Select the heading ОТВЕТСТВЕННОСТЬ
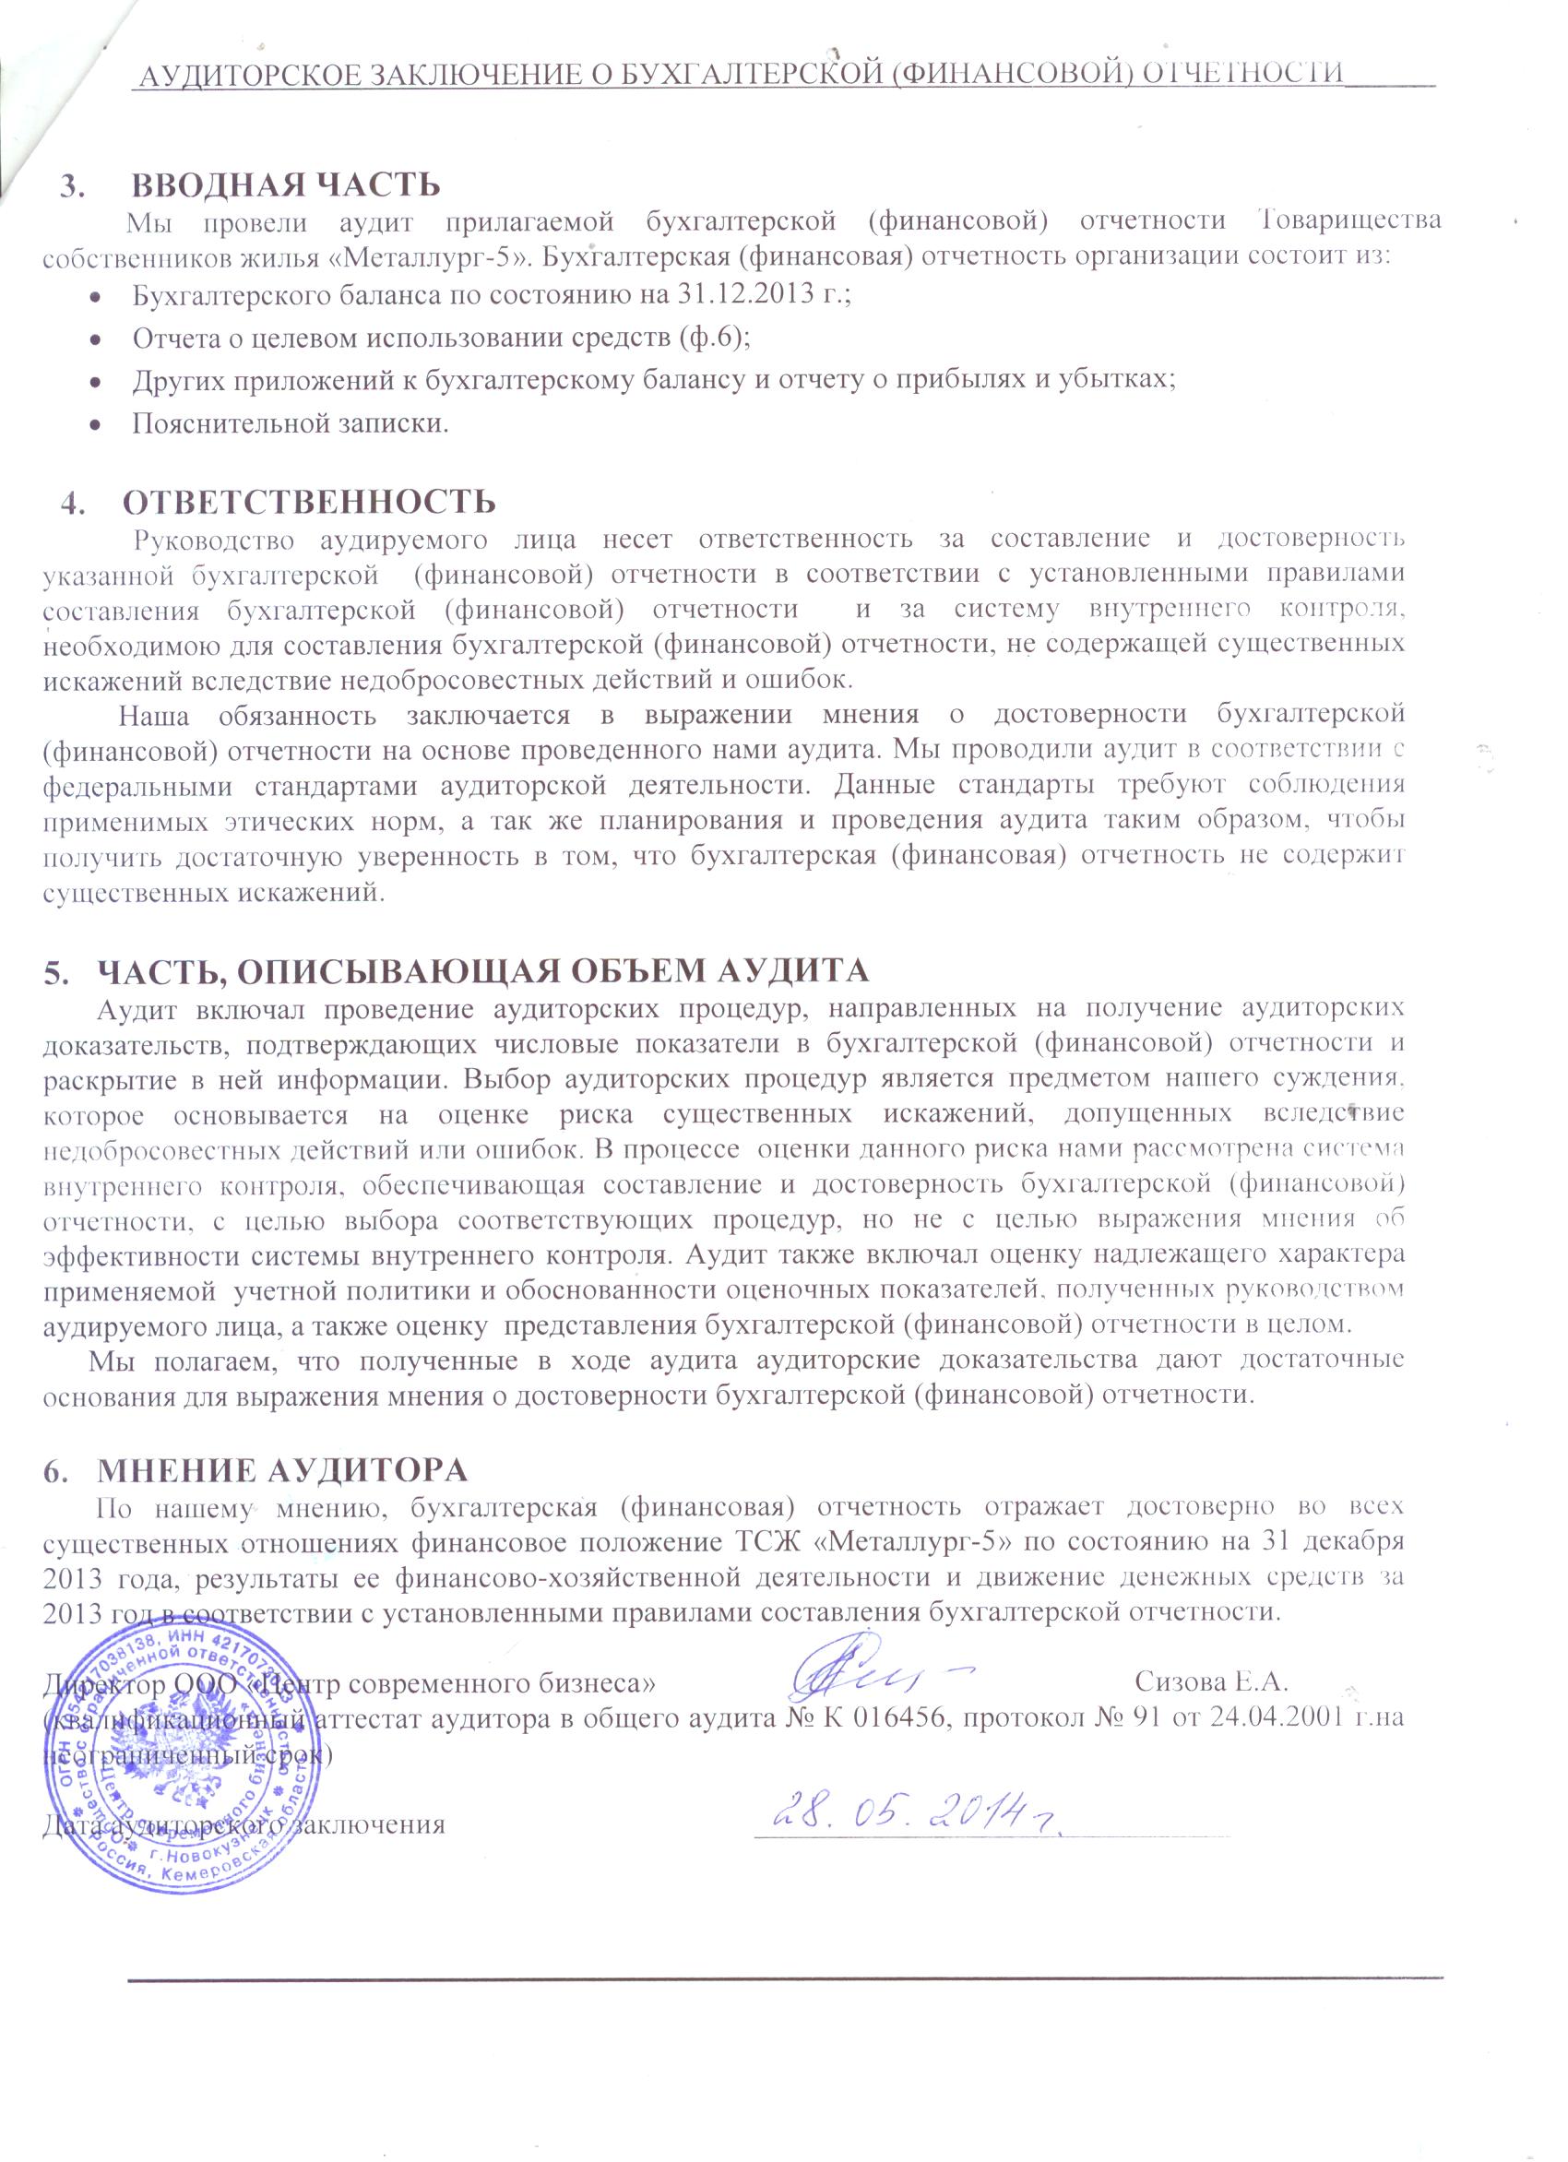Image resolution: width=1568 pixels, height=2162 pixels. pos(309,501)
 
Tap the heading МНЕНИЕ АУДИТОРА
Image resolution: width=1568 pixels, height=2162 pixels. pos(282,1469)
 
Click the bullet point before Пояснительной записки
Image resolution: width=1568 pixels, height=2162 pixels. pos(95,425)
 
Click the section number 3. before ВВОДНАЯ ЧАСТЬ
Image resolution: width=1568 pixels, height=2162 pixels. pos(72,185)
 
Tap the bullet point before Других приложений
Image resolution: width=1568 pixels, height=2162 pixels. pos(95,381)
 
